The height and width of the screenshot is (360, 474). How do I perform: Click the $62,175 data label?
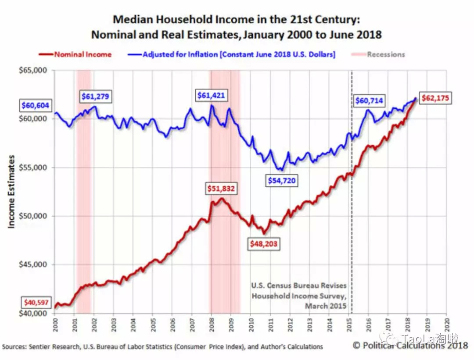point(435,98)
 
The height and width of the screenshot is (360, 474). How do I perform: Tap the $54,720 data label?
point(284,180)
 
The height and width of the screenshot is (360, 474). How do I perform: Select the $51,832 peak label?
point(221,189)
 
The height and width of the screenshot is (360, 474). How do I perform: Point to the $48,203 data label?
point(264,243)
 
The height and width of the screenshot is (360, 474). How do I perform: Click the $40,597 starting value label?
point(36,303)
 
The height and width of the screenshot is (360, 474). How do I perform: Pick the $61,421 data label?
point(212,95)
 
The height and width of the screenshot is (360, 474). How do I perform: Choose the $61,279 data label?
point(95,96)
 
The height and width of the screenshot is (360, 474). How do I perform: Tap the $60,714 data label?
point(369,101)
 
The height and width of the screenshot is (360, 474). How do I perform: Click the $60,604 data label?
point(36,106)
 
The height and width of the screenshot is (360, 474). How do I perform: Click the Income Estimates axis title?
point(12,191)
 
